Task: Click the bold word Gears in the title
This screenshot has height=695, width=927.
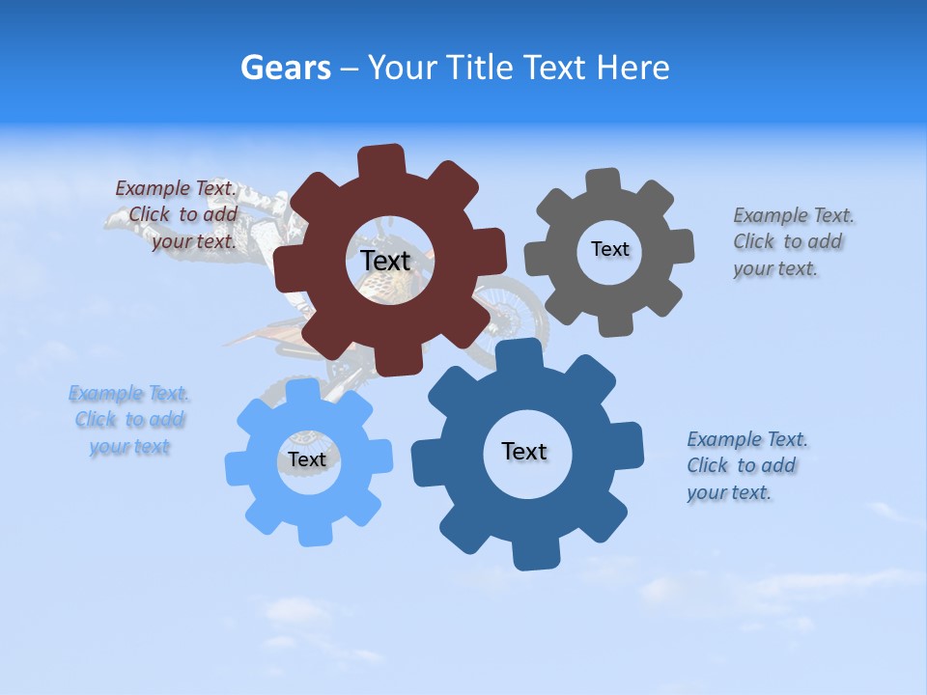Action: coord(285,68)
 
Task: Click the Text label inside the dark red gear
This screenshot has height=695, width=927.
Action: coord(385,261)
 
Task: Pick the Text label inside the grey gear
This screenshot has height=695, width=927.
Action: coord(609,249)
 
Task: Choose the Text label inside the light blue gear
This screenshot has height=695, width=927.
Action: coord(307,459)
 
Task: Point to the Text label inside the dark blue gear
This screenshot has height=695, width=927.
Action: coord(523,451)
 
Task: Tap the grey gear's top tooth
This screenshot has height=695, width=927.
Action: coord(604,181)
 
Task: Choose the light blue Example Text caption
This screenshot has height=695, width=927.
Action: coord(129,420)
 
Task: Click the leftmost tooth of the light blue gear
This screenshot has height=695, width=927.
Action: coord(236,468)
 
